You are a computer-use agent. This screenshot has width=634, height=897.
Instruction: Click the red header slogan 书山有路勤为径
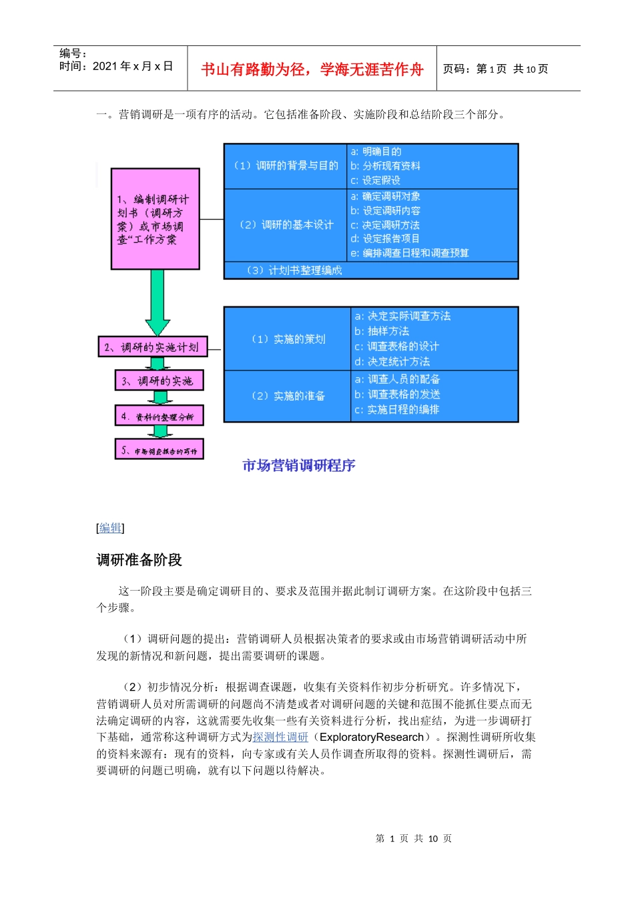(x=312, y=69)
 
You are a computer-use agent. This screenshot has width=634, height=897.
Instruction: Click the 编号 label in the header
(x=73, y=53)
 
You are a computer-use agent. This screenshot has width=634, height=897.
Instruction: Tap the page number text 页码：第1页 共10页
(x=495, y=69)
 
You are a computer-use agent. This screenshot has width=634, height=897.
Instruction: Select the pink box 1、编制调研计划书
(x=155, y=219)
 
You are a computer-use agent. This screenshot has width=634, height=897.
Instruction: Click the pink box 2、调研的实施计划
(x=152, y=347)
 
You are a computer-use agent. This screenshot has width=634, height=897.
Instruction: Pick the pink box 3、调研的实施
(x=159, y=381)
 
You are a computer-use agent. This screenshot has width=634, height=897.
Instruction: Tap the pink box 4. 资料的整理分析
(x=159, y=416)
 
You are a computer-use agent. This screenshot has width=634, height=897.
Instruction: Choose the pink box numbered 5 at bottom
(x=159, y=451)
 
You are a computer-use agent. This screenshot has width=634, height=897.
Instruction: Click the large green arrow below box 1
(x=157, y=302)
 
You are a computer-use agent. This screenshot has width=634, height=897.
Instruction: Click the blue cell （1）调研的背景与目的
(x=286, y=166)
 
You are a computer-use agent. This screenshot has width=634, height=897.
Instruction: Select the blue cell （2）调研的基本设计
(x=286, y=225)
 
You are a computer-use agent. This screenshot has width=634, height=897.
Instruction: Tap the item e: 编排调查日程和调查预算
(x=410, y=253)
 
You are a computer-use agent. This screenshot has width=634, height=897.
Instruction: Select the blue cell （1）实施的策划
(x=288, y=339)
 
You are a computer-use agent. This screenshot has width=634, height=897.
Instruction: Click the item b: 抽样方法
(x=382, y=331)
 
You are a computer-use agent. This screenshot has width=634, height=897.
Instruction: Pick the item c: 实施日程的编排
(x=396, y=410)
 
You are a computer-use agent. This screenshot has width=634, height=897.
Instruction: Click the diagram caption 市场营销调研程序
(x=298, y=465)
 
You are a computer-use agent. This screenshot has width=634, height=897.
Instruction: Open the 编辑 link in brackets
(x=110, y=528)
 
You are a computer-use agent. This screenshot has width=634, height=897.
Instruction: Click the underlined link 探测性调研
(x=280, y=737)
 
